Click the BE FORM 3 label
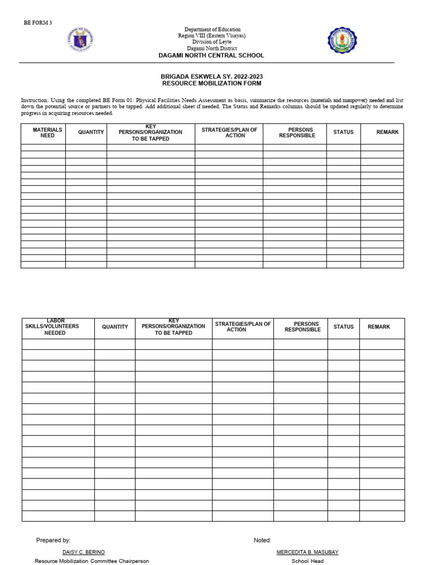[37, 23]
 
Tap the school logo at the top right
[342, 40]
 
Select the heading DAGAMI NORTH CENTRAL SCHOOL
[211, 55]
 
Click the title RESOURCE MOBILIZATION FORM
[211, 83]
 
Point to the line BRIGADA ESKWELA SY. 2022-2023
[211, 76]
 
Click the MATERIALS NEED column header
[47, 132]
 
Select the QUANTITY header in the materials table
[91, 132]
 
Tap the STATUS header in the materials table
[343, 132]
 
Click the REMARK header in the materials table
[387, 132]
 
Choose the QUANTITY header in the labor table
[115, 327]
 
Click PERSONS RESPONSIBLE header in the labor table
[303, 327]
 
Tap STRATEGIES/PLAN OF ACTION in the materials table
[229, 132]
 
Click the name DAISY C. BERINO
[83, 552]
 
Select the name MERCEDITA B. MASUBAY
[308, 552]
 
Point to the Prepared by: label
[54, 540]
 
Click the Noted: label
[262, 540]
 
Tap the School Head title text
[308, 561]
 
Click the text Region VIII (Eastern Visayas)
[213, 35]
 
